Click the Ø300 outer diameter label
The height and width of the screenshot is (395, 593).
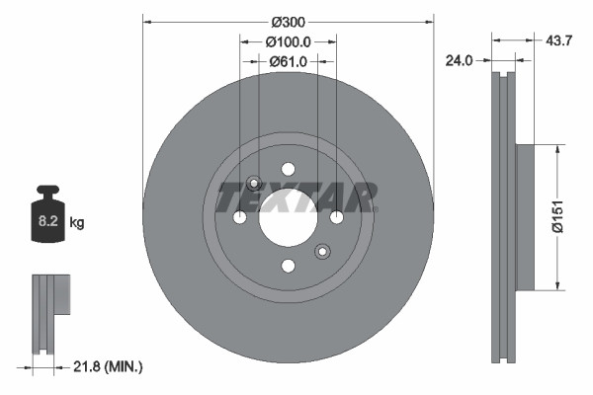(288, 22)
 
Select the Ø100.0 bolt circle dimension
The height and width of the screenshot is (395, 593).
(288, 42)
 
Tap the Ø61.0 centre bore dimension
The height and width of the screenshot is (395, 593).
(288, 61)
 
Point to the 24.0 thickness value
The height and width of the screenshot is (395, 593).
(458, 60)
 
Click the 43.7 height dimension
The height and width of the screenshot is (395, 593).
(558, 40)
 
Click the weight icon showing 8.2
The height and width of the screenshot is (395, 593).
(46, 216)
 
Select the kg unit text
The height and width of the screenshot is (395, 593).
(76, 223)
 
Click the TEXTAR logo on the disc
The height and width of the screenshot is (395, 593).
(296, 197)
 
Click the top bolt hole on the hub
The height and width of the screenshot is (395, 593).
(288, 169)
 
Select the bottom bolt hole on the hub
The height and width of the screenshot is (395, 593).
(288, 266)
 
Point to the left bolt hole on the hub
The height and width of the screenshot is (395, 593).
(239, 217)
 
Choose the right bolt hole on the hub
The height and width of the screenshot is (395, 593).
(336, 217)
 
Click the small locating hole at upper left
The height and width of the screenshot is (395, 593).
(254, 183)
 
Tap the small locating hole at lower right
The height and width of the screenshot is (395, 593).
(321, 252)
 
